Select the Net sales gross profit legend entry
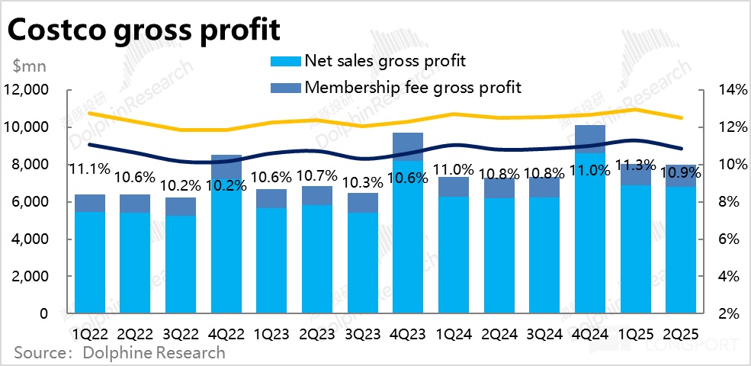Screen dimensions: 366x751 (384, 60)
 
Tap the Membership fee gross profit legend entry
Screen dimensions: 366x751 (412, 87)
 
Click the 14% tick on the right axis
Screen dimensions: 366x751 (729, 90)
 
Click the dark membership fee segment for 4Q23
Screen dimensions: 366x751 (409, 146)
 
